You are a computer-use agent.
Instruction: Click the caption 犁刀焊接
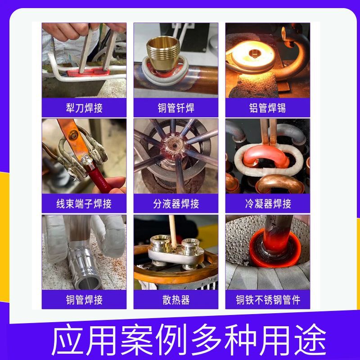point(84,108)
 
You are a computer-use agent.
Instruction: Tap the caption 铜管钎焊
point(175,108)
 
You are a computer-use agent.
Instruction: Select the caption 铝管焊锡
point(268,108)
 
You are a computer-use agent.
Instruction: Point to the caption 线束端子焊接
point(84,204)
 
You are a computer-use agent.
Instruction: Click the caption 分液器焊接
point(175,204)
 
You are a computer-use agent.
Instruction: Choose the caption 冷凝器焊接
point(268,204)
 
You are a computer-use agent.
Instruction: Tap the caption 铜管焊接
point(84,300)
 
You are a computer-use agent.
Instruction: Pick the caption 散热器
point(175,300)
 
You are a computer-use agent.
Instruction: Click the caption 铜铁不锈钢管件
point(268,300)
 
